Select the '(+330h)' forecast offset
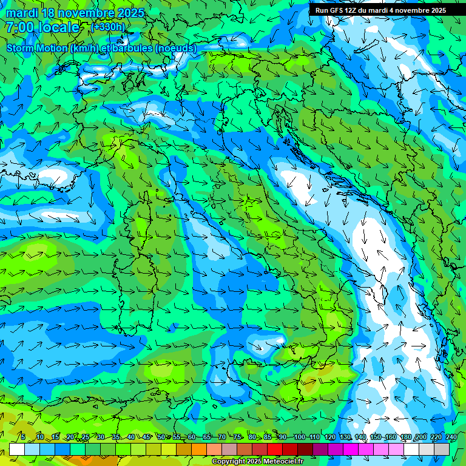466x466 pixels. [108, 27]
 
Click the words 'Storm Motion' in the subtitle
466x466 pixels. [37, 48]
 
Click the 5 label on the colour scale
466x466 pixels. [23, 437]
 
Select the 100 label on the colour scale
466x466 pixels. [299, 437]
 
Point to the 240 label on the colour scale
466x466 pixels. [451, 437]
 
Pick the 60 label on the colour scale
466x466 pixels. [191, 437]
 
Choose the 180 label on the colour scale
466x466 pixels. [405, 437]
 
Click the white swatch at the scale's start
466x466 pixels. [17, 449]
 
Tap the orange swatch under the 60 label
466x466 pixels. [199, 449]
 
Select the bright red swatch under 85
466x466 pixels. [275, 449]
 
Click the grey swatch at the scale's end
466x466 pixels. [442, 449]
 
